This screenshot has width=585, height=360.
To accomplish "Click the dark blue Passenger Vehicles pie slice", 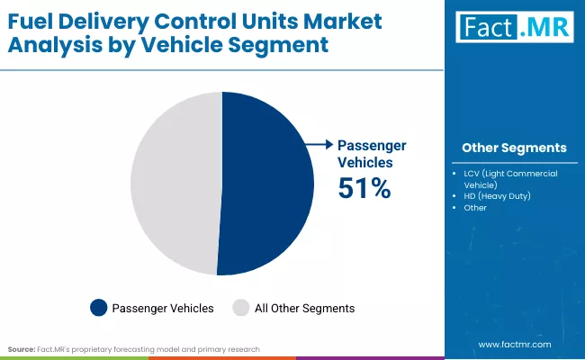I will pyautogui.click(x=265, y=184).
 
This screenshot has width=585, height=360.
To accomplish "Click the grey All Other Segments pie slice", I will pyautogui.click(x=175, y=184).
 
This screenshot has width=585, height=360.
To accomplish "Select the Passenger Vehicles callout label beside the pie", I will pyautogui.click(x=372, y=153).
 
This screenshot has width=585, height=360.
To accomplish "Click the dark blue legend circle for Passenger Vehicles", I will pyautogui.click(x=99, y=308).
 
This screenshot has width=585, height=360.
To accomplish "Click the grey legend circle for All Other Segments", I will pyautogui.click(x=241, y=308).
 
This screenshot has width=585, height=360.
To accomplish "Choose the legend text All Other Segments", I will pyautogui.click(x=304, y=308).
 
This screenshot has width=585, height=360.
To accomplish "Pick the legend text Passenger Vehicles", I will pyautogui.click(x=163, y=308).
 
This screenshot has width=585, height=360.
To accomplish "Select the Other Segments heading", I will pyautogui.click(x=514, y=148).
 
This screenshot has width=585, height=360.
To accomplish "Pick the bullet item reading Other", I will pyautogui.click(x=475, y=208).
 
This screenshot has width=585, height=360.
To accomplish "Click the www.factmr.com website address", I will pyautogui.click(x=514, y=345).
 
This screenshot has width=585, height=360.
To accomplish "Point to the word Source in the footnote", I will pyautogui.click(x=22, y=348).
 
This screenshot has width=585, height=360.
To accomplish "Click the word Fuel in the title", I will pyautogui.click(x=31, y=20).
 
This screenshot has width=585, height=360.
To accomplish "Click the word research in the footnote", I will pyautogui.click(x=242, y=348).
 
